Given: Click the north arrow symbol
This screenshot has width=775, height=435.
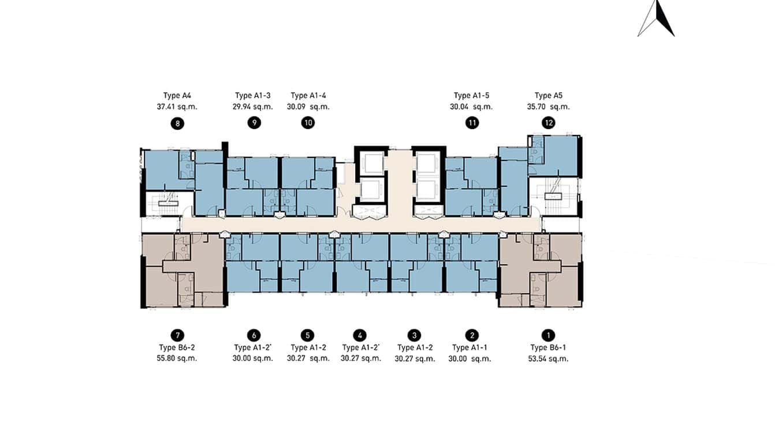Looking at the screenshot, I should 657,19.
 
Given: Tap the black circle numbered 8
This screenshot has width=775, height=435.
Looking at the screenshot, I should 177,123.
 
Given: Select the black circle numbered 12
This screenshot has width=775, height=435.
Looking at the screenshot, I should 548,123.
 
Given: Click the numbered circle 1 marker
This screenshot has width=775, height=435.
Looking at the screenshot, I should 548,335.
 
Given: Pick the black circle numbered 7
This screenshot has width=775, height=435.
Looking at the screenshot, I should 177,335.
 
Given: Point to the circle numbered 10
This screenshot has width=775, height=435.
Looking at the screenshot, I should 308,123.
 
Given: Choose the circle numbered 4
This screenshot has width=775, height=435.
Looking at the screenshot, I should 360,335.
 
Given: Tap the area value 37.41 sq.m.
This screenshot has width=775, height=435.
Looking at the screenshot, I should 178,107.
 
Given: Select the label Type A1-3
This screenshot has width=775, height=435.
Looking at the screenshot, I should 253,96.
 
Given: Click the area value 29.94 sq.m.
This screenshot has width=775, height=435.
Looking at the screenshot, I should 253,107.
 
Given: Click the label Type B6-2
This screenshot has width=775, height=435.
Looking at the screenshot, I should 178,347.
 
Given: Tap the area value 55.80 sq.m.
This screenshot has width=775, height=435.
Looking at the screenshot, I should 178,358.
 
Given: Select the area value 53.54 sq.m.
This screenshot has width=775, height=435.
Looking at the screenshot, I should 549,358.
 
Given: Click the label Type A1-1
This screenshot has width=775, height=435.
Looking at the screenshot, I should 469,347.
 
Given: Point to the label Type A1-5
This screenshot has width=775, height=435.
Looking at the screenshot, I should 472,96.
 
